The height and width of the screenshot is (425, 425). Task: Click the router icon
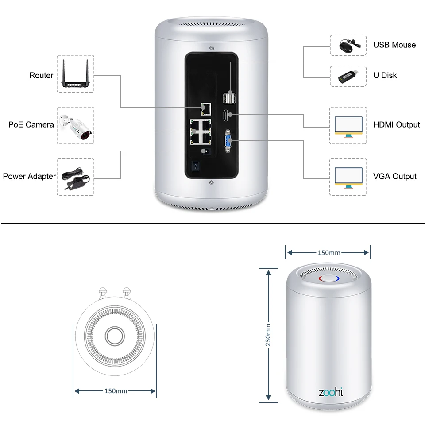[75, 73]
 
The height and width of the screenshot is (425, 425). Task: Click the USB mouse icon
[350, 45]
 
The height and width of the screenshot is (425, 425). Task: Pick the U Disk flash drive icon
[348, 77]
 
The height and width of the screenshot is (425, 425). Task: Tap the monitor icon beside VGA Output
[348, 178]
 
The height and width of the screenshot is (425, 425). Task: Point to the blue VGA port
[228, 141]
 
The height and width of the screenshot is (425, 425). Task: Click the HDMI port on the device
[225, 116]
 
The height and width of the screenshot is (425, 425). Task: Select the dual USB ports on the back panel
[229, 97]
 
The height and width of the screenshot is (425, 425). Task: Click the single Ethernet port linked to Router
[206, 109]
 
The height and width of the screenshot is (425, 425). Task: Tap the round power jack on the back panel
[207, 151]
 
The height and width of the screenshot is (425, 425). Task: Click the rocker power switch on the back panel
[195, 165]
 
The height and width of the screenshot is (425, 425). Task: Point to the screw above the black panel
[212, 48]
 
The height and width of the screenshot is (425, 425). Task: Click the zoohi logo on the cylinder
[331, 392]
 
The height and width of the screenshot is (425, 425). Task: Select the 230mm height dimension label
[268, 335]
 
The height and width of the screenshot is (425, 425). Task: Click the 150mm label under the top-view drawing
[116, 391]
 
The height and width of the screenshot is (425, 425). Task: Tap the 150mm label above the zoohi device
[329, 253]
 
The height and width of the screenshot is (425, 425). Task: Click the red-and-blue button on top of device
[329, 278]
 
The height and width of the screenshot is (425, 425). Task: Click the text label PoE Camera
[31, 125]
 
